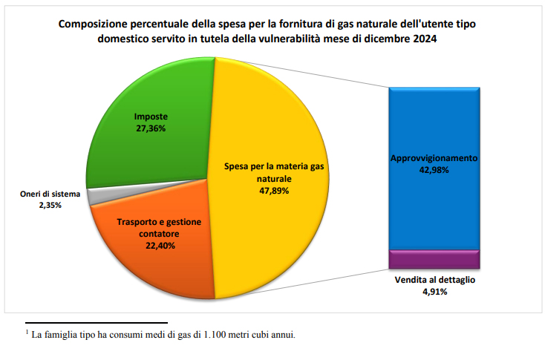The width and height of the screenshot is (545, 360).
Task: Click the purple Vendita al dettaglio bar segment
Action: coord(434,259)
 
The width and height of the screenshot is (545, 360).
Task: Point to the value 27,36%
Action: coord(150,128)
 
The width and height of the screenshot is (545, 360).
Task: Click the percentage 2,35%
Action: coord(50,205)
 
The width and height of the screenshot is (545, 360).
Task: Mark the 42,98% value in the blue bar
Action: coord(434,170)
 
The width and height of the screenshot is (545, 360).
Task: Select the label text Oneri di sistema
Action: coord(50,194)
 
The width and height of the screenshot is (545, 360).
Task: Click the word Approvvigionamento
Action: coord(434,159)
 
